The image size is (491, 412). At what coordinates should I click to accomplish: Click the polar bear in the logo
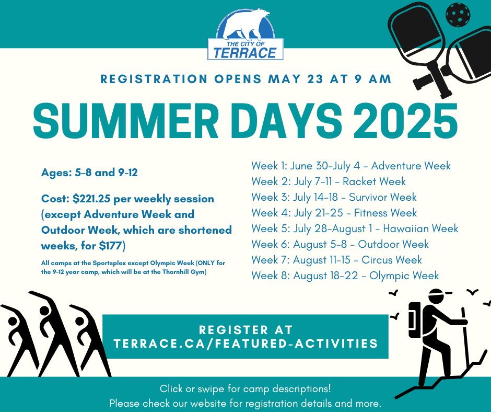(x=248, y=24)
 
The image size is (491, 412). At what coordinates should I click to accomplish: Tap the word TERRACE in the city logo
(x=245, y=53)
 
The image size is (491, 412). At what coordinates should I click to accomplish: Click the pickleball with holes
(x=458, y=15)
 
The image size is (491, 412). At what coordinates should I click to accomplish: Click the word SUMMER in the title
(x=126, y=121)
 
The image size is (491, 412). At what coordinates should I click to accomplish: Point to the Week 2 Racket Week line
(x=329, y=181)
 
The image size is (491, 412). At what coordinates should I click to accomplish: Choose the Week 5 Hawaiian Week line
(x=355, y=228)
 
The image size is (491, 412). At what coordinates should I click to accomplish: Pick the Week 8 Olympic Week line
(x=345, y=276)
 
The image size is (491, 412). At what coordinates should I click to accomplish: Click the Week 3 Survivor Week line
(x=334, y=197)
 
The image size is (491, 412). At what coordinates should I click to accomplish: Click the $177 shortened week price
(x=110, y=246)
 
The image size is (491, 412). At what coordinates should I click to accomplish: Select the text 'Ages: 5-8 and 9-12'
(x=89, y=173)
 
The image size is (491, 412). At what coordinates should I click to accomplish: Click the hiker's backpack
(x=414, y=320)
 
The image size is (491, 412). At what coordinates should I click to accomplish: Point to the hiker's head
(x=437, y=296)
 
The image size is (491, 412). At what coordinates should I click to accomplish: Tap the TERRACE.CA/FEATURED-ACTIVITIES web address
(x=246, y=344)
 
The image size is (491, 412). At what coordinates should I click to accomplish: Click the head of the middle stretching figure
(x=44, y=311)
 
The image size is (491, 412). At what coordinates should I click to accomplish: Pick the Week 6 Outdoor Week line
(x=340, y=244)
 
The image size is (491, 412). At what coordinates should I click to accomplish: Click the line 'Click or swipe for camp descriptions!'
(x=245, y=389)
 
